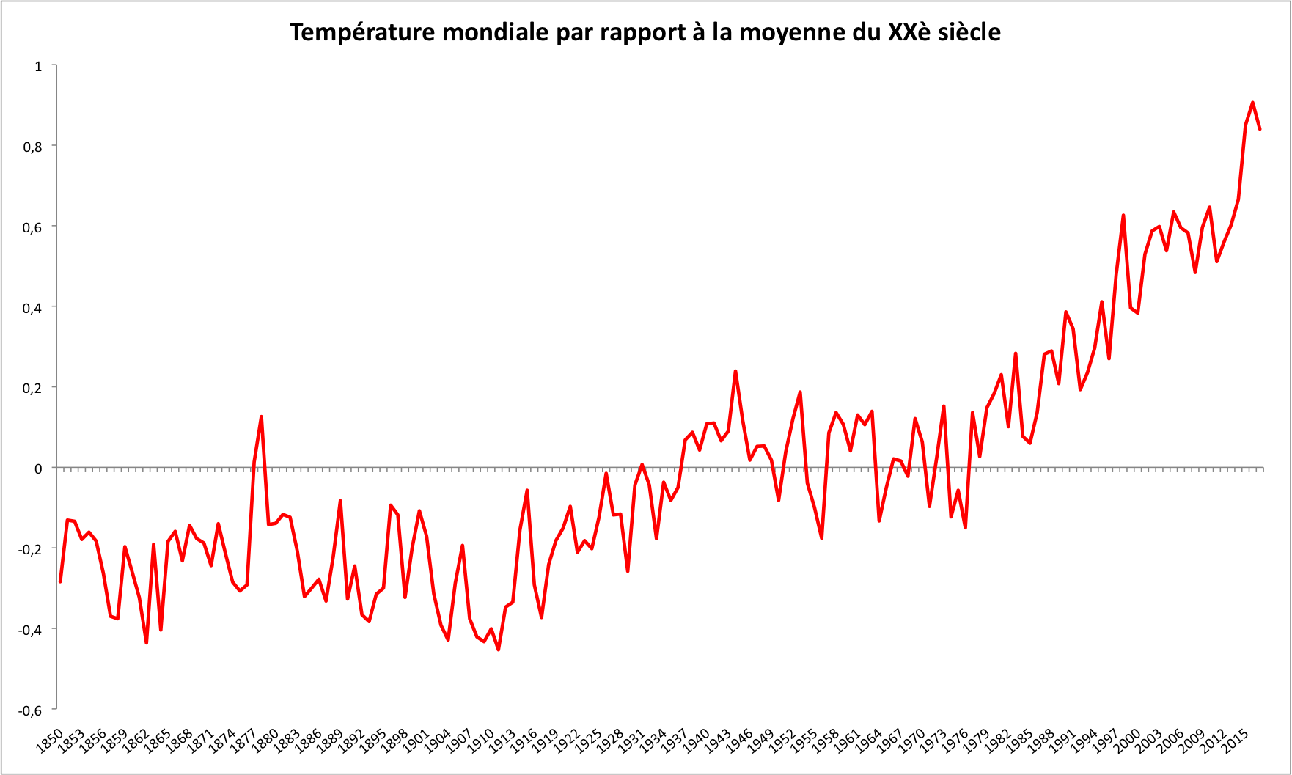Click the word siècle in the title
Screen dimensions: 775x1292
coord(969,33)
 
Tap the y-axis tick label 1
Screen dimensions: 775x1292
coord(39,67)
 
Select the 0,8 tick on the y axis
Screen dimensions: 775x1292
coord(34,147)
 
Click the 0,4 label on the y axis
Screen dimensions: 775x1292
coord(34,308)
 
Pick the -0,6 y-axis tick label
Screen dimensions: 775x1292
coord(32,710)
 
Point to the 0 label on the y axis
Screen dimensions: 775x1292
coord(39,469)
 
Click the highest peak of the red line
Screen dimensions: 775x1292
coord(1252,103)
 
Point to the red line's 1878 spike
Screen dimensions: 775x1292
coord(261,416)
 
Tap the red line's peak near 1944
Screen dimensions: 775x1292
coord(735,371)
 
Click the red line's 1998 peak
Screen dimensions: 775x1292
coord(1123,215)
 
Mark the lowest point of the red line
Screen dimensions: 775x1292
coord(498,650)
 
